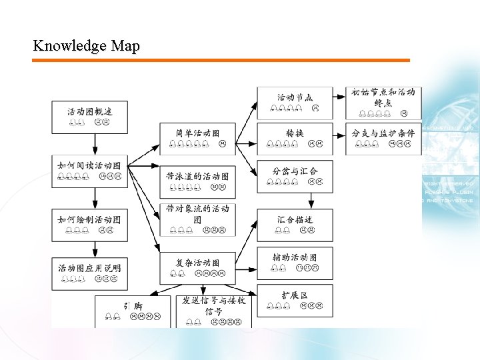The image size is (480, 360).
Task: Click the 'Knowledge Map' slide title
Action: point(86,46)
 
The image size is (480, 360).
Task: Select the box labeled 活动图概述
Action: point(90,117)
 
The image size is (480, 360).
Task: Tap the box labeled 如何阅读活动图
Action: point(90,170)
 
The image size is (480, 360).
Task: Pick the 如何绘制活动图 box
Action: point(90,224)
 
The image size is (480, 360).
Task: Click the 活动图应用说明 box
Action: point(90,273)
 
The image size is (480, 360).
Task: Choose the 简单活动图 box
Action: point(197,138)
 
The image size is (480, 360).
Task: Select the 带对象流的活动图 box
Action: point(197,220)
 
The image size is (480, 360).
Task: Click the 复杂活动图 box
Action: point(197,267)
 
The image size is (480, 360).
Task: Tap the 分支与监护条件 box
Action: point(383,138)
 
